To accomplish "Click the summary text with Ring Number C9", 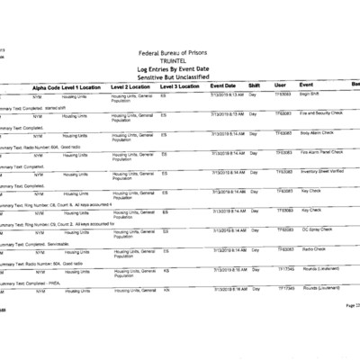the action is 54,203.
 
